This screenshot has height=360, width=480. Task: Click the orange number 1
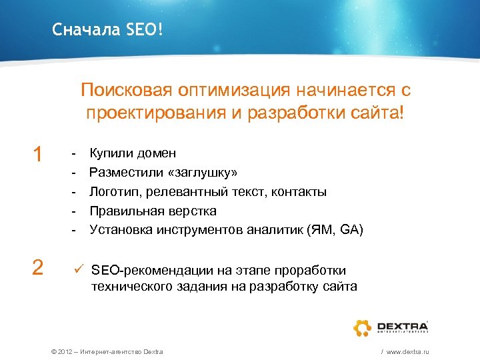tap(38, 155)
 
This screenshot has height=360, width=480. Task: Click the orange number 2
tap(38, 267)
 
